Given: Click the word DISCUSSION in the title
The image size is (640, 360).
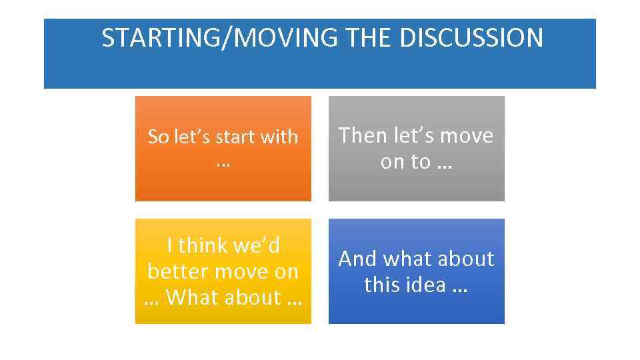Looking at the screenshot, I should click(x=471, y=38).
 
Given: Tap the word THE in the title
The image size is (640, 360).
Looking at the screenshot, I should click(x=369, y=38).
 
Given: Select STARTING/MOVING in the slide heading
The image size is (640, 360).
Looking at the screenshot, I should click(x=220, y=38).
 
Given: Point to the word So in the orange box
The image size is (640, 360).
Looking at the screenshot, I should click(x=157, y=137).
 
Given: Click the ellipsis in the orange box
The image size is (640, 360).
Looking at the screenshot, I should click(x=223, y=162).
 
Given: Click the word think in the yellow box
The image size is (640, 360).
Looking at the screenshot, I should click(x=202, y=246).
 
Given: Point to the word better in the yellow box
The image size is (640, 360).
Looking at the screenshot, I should click(x=175, y=272).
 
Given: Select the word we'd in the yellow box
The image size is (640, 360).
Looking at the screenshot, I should click(x=256, y=246).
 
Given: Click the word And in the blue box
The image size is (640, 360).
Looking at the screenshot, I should click(x=357, y=259).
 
